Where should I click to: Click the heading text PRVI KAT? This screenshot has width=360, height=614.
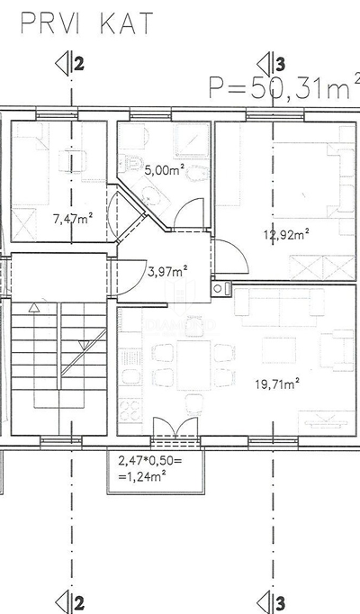[86, 23]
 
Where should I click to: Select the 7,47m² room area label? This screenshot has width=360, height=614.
[73, 218]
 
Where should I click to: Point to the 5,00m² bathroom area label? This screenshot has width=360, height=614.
[165, 170]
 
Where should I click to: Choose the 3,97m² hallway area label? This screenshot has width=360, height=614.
[167, 271]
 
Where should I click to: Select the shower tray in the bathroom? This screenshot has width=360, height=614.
[192, 140]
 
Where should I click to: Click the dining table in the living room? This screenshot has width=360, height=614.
[193, 365]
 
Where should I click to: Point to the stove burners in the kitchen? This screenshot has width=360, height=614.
[130, 410]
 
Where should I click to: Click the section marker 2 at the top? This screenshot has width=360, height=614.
[70, 65]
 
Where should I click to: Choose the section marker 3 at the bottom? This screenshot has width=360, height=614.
[272, 602]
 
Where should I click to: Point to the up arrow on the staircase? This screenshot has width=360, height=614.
[34, 308]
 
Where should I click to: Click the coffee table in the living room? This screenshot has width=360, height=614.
[279, 350]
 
